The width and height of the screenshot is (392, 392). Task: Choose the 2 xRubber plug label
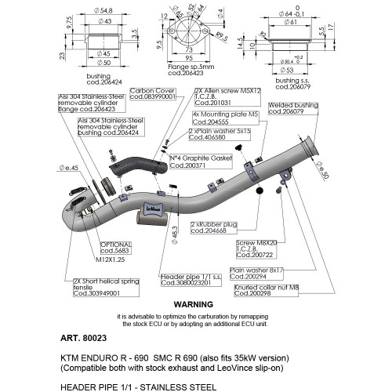point(213,227)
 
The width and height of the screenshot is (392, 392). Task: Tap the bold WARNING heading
point(193,303)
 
